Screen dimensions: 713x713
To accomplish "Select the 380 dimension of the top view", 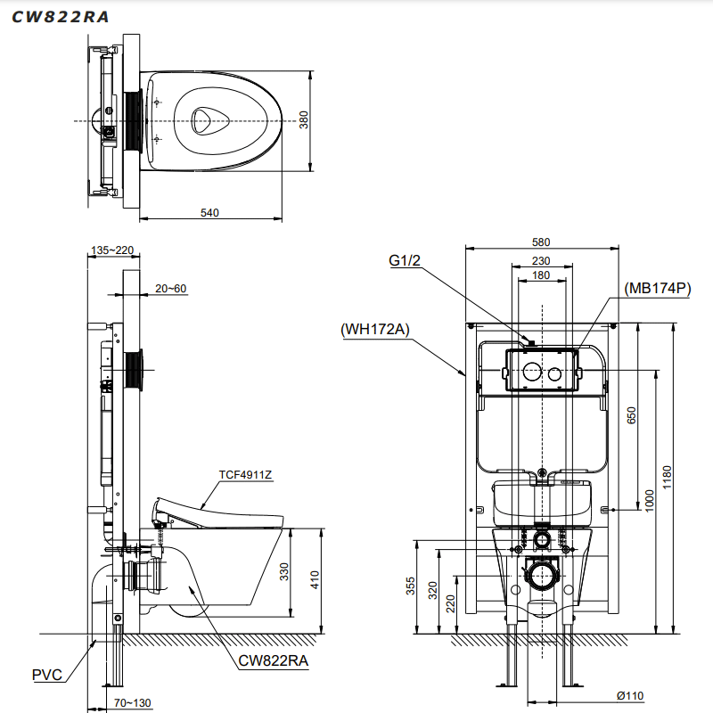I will point(303,119).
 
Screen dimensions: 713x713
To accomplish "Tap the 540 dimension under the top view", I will point(209,212).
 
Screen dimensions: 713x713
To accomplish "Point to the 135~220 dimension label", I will point(113,250).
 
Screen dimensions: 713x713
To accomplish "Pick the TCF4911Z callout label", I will point(245,474).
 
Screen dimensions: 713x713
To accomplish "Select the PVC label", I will point(47,675).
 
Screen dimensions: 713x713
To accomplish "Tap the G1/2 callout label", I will point(404,260).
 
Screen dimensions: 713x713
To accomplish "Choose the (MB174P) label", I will point(659,287).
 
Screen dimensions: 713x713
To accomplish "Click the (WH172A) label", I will point(374,329).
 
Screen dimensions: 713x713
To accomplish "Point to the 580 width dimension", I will point(541,242).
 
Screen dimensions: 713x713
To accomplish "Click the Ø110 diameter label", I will point(629,696).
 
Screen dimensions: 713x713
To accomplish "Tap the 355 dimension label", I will point(410,586).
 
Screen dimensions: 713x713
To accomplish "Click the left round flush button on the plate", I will point(530,373).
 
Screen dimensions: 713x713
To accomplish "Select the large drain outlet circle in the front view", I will point(540,574).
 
